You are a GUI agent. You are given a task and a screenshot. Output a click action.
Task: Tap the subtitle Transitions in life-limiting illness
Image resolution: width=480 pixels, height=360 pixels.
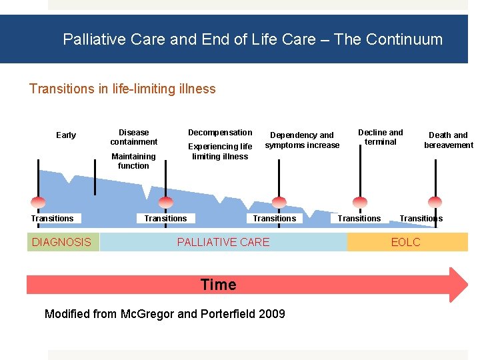pos(123,89)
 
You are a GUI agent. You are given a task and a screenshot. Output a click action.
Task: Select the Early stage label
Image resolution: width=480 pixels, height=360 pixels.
pos(66,135)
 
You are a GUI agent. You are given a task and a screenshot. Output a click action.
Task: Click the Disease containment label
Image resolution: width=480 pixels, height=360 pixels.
pos(133,137)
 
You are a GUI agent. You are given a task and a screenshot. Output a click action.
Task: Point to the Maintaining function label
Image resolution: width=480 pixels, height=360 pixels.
pos(133,161)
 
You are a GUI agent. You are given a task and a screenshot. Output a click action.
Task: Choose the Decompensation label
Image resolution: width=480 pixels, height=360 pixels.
pos(220,132)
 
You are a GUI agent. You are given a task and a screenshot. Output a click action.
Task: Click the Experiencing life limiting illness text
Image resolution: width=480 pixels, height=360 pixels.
pos(220,151)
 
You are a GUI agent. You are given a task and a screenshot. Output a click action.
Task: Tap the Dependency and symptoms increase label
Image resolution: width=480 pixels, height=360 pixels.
pos(302,140)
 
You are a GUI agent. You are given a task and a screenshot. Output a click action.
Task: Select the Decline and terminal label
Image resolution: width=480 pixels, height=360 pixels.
pos(381,137)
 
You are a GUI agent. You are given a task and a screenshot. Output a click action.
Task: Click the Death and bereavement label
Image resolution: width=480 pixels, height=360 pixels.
pos(449,140)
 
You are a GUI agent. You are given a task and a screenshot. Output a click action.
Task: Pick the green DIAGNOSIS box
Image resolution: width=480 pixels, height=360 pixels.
pos(62,242)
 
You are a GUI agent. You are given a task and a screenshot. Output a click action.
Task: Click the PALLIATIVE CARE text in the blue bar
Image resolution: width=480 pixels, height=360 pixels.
pos(223,242)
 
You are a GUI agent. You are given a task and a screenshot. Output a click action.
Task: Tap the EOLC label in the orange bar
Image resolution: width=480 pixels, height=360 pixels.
pos(406,242)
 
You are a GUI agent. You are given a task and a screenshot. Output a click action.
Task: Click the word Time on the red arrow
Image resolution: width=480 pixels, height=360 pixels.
pos(219,285)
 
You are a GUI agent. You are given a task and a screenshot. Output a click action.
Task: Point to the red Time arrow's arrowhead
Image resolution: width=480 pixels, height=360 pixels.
pos(459,285)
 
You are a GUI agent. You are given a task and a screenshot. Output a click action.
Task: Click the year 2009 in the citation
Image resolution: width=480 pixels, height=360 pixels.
pos(271,314)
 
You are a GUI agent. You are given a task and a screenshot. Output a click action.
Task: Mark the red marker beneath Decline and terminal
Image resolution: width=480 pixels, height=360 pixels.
pos(360,202)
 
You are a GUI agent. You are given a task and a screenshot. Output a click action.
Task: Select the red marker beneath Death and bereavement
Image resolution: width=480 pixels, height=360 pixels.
pos(435,202)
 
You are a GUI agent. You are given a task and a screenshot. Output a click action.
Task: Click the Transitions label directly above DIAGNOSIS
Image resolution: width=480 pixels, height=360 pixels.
pos(52,219)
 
